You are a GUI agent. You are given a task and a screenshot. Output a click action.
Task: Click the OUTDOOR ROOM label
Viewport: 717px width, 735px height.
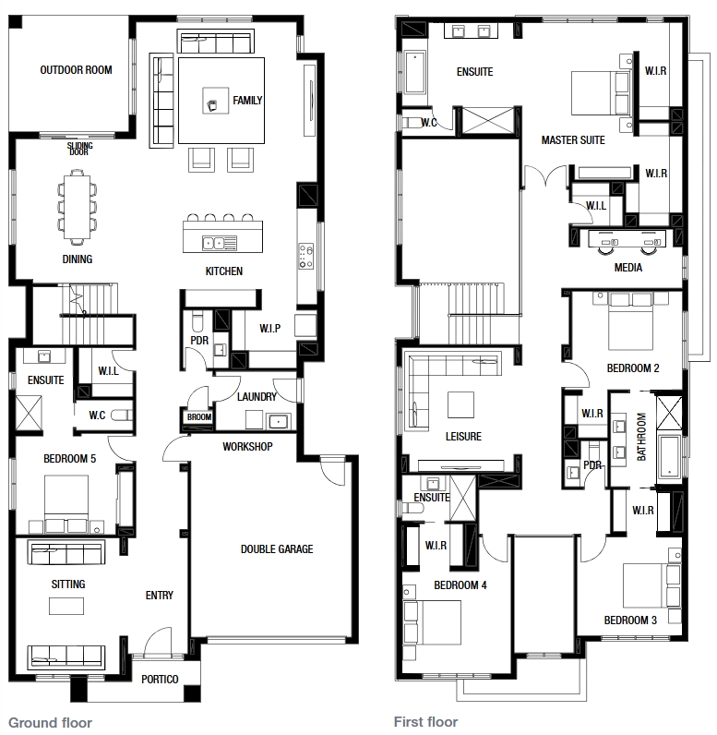click(76, 70)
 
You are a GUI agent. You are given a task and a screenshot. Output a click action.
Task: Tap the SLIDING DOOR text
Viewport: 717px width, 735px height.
click(79, 149)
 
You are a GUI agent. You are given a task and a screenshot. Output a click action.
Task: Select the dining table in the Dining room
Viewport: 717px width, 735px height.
click(78, 207)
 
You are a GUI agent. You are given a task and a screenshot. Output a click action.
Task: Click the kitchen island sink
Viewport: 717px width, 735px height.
click(213, 243)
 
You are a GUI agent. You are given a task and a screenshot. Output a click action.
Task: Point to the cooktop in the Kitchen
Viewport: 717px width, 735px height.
click(305, 256)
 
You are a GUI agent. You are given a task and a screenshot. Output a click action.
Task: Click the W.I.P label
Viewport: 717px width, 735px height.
click(269, 329)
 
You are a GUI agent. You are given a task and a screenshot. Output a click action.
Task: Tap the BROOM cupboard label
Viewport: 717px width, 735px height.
click(199, 416)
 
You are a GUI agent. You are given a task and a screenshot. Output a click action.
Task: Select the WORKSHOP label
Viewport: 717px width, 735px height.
click(247, 446)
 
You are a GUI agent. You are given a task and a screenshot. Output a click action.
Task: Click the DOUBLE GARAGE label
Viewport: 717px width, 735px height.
click(277, 548)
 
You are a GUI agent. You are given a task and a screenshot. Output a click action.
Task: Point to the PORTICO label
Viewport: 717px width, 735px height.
click(160, 680)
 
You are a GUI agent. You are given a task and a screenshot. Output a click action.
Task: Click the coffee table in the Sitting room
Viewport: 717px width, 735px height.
click(66, 606)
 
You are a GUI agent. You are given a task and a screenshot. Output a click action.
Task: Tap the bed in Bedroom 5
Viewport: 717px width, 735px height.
click(66, 504)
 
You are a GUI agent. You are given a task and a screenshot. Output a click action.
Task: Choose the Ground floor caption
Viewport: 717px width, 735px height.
click(50, 722)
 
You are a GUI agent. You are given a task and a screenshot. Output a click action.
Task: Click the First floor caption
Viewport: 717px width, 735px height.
click(425, 721)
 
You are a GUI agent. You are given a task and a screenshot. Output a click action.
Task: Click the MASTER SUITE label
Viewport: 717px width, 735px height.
click(573, 140)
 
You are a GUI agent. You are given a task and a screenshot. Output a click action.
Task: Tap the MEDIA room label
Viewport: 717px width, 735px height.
click(628, 268)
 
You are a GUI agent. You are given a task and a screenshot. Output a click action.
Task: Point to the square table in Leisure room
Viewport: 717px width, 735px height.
click(460, 404)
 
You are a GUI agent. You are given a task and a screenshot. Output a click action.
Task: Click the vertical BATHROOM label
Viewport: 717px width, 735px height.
click(641, 437)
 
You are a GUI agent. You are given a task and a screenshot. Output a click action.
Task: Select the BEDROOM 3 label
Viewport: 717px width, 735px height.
click(630, 621)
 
